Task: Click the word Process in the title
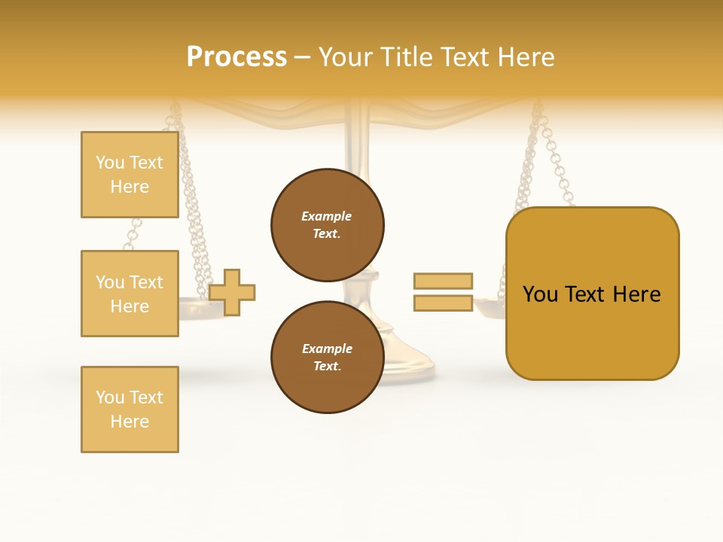[236, 57]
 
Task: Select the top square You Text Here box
[130, 175]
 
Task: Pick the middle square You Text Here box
[130, 294]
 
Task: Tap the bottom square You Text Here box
[130, 410]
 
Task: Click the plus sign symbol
[232, 292]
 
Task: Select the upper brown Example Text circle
[327, 224]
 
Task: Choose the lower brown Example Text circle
[327, 357]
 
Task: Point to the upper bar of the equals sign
[443, 281]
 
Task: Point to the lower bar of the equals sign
[443, 303]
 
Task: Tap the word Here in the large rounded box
[636, 294]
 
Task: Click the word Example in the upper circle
[327, 216]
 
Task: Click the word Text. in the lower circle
[327, 366]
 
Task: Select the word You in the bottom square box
[110, 397]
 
